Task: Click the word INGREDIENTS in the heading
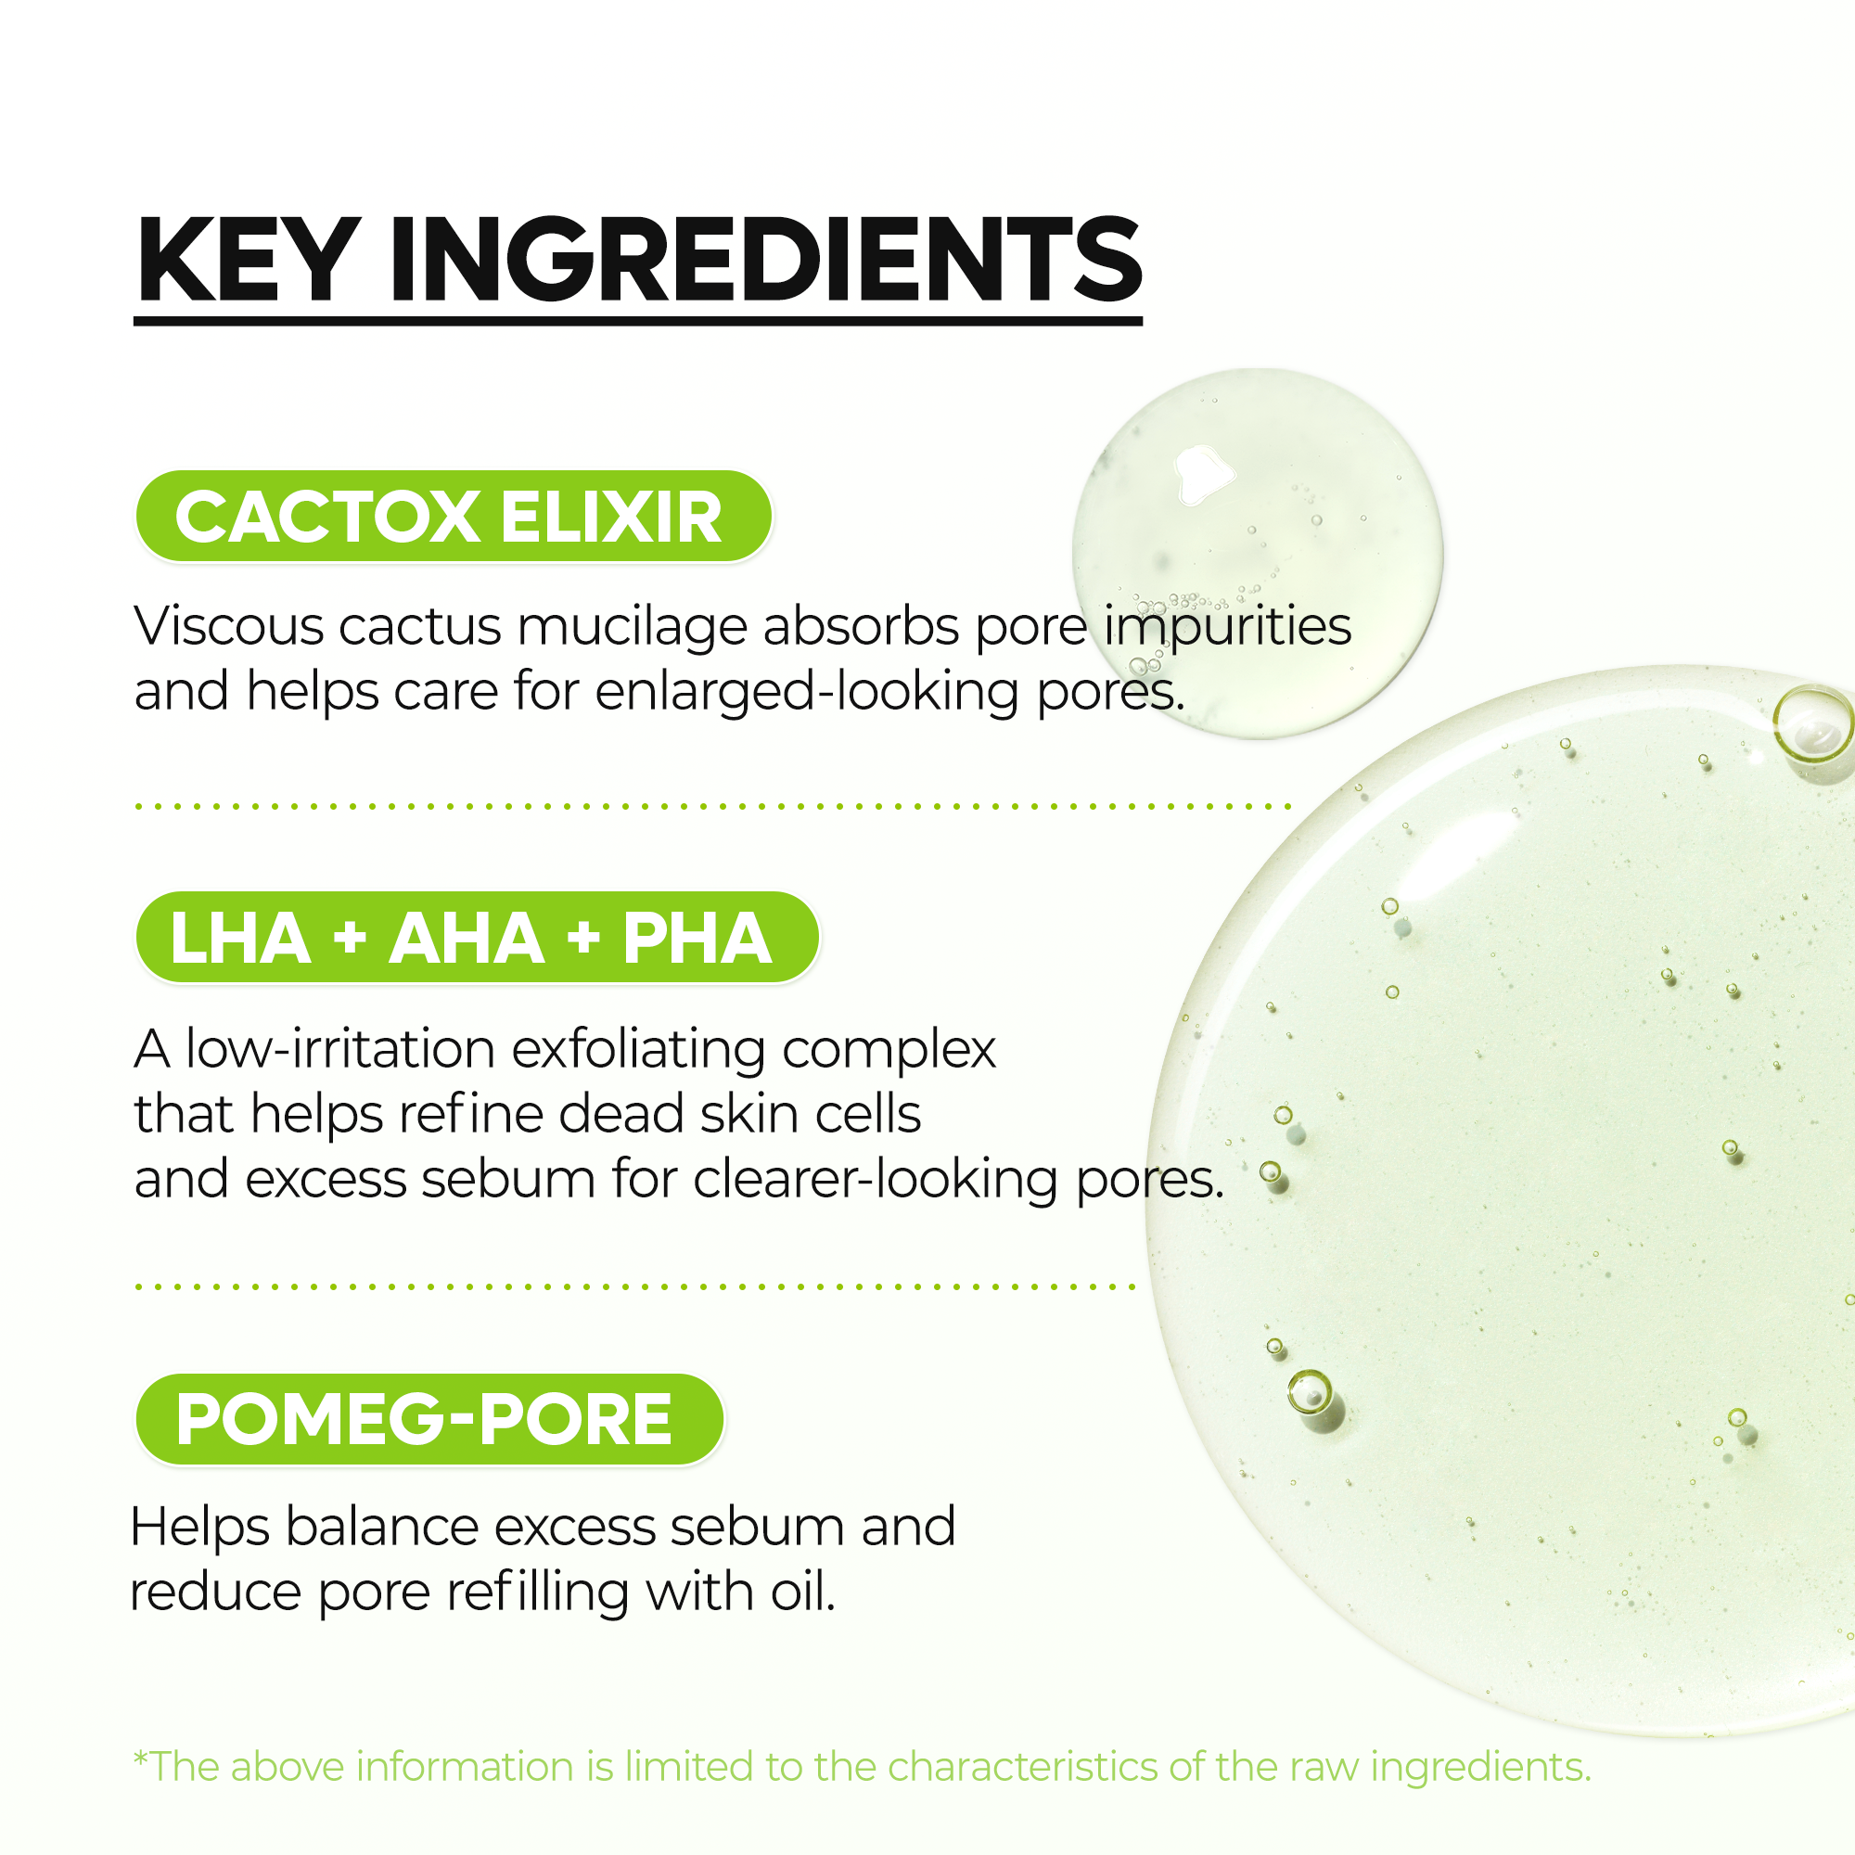765,262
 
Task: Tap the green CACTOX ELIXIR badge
454,517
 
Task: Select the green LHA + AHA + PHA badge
477,938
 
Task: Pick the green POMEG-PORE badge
429,1419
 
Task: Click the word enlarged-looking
807,692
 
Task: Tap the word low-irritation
340,1048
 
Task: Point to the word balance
382,1527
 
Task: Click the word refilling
539,1593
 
